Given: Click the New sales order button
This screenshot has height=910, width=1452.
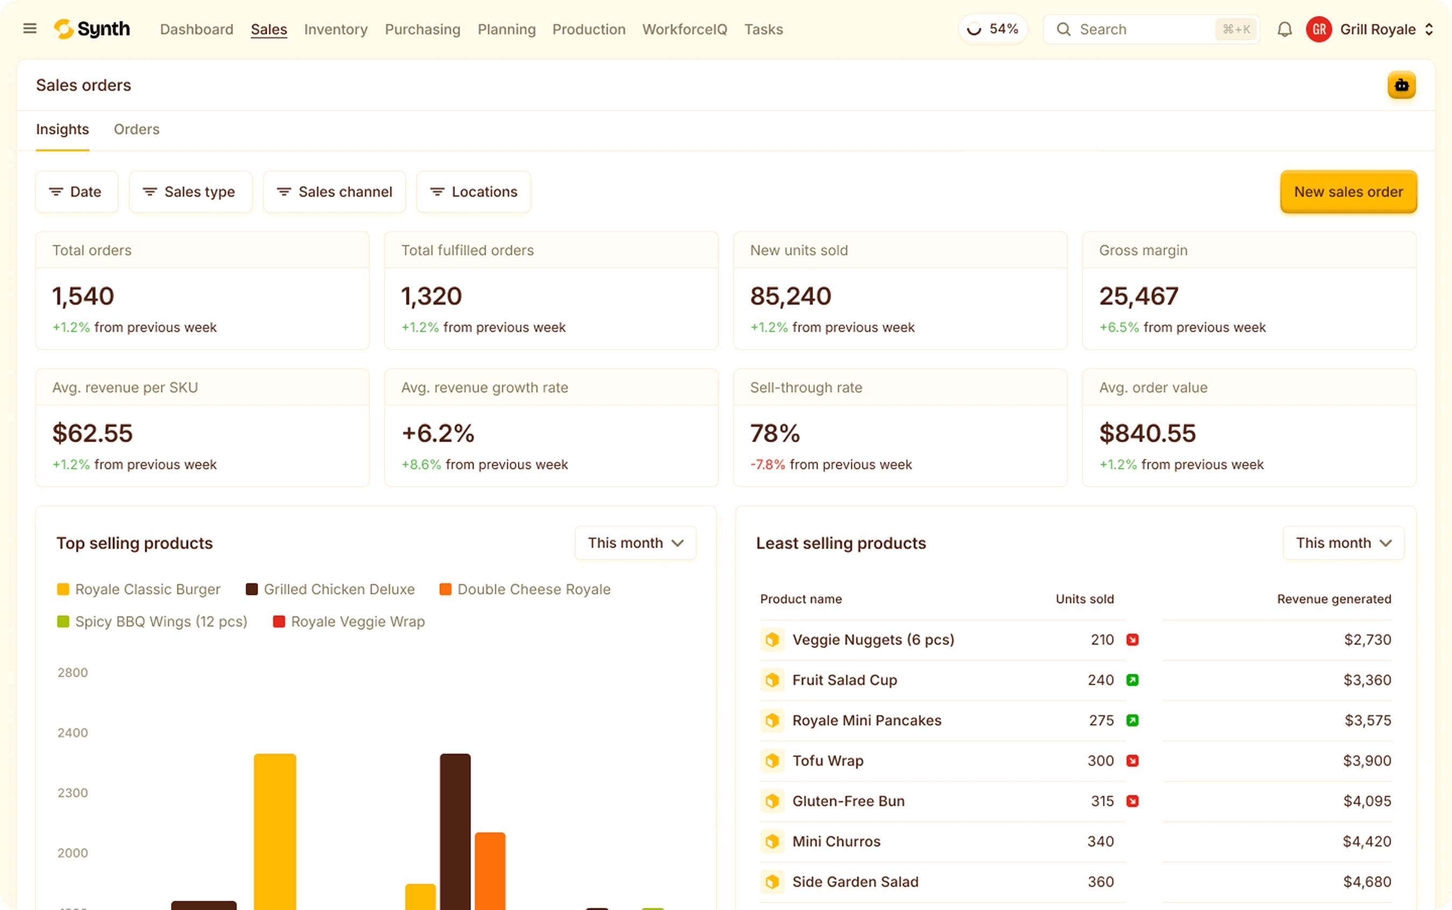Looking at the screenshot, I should click(x=1348, y=192).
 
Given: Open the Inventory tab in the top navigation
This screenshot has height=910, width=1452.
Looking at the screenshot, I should click(x=336, y=30).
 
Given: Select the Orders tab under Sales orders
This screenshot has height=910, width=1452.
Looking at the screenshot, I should click(x=137, y=130).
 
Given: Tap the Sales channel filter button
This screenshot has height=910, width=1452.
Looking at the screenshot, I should click(x=334, y=192).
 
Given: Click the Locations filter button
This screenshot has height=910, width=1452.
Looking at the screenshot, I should click(x=474, y=192).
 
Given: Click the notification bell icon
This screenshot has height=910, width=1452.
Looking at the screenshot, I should click(x=1284, y=30).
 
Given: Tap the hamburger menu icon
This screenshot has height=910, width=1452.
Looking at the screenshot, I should click(x=30, y=29).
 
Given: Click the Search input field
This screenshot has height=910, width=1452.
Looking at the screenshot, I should click(x=1143, y=30).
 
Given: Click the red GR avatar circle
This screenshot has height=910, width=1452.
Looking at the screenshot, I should click(x=1319, y=30).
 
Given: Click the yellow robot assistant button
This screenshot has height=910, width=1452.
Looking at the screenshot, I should click(x=1401, y=85).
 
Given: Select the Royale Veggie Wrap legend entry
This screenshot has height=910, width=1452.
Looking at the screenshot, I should click(x=358, y=622).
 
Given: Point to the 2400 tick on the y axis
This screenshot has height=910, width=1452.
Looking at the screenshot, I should click(x=73, y=733).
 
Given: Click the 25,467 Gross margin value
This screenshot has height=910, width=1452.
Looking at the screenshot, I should click(x=1138, y=296).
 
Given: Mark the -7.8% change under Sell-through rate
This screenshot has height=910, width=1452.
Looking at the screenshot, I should click(x=767, y=465).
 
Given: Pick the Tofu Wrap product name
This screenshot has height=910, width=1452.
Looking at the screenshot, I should click(x=828, y=760).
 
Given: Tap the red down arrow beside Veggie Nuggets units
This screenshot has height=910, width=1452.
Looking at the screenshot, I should click(x=1132, y=640).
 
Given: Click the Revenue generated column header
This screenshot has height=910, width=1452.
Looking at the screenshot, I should click(x=1334, y=599).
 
